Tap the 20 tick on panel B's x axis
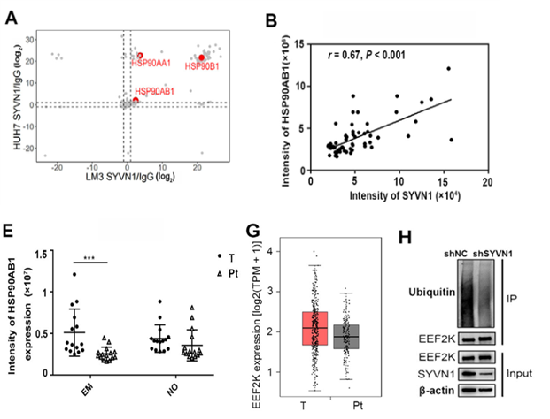pyautogui.click(x=485, y=180)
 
